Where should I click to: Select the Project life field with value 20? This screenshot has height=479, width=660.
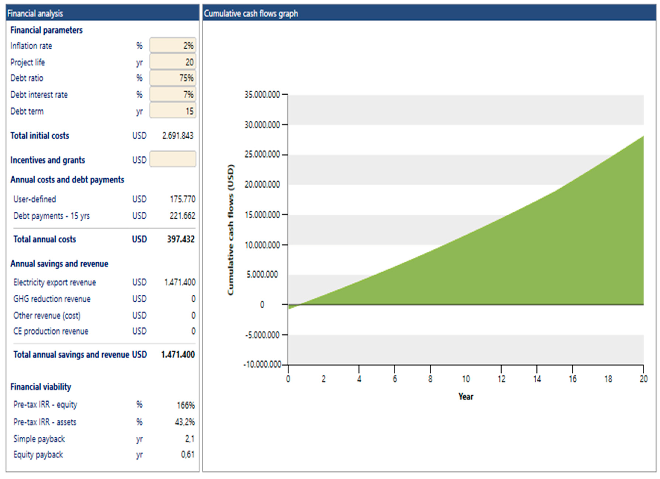click(x=173, y=62)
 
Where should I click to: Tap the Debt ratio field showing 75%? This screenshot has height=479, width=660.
click(x=173, y=78)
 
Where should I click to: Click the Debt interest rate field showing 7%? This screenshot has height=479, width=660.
click(x=173, y=95)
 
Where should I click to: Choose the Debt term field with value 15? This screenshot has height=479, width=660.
click(x=173, y=111)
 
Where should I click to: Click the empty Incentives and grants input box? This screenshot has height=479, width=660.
click(x=173, y=159)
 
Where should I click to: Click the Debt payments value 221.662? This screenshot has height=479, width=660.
click(x=182, y=216)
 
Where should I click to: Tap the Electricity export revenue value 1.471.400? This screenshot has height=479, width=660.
click(x=180, y=282)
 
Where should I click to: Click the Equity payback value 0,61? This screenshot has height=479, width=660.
click(x=187, y=455)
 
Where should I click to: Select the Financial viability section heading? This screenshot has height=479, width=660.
click(x=41, y=387)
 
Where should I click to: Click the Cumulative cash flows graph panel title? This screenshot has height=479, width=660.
click(x=251, y=13)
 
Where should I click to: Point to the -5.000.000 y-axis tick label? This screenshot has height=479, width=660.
click(x=262, y=335)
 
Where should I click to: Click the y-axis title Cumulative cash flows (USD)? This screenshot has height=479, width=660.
click(x=231, y=230)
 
